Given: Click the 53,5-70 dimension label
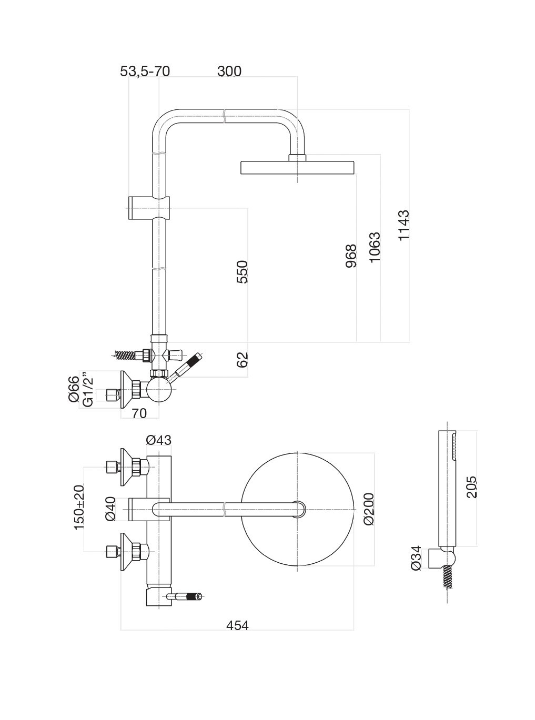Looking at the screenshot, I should tap(145, 72).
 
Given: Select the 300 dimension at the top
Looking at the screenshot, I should tap(229, 72).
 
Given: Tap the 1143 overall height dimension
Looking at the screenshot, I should tap(403, 225).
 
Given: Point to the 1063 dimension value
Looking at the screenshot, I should tap(375, 247).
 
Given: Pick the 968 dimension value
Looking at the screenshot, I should tap(351, 256).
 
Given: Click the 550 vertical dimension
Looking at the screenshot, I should tap(241, 271).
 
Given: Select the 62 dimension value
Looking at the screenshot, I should tap(241, 360).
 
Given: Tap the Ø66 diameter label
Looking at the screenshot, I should tap(74, 389).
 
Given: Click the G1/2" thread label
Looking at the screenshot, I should tap(88, 390).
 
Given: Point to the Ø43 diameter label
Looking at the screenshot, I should tap(158, 440).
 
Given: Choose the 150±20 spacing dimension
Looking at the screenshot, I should tap(79, 507).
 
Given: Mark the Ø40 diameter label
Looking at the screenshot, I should tap(110, 509).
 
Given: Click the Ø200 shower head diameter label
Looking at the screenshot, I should tap(368, 509).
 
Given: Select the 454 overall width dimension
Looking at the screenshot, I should tap(237, 625).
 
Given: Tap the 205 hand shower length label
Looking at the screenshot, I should tap(471, 487).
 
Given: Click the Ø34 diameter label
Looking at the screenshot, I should tap(416, 558).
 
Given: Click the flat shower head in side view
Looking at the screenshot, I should tap(298, 167).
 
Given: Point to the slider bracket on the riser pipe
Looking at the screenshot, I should tap(149, 207).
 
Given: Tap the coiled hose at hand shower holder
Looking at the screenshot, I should tap(448, 577).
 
